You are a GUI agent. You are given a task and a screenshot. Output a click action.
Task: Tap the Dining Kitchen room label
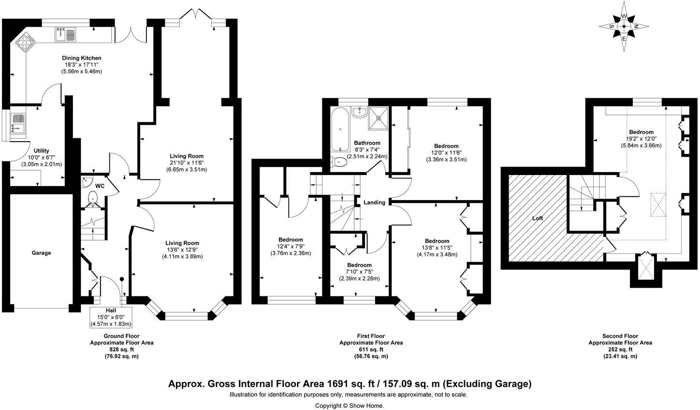81,59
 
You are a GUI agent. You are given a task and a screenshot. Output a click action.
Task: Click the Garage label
41,253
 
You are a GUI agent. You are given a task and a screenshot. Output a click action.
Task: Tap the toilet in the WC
92,198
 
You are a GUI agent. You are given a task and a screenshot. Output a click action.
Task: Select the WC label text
100,186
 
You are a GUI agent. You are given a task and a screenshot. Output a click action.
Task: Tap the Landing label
374,203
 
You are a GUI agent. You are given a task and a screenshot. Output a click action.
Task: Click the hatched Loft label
538,219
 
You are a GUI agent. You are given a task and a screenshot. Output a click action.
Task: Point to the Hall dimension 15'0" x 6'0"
111,317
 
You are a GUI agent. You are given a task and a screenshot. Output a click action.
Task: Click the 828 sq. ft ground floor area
122,350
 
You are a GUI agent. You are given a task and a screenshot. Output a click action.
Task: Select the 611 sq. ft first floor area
371,350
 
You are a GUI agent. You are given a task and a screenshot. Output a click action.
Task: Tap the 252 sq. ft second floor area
620,350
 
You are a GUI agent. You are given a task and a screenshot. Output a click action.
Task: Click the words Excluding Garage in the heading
487,384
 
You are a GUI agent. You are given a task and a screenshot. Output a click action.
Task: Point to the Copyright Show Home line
350,406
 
